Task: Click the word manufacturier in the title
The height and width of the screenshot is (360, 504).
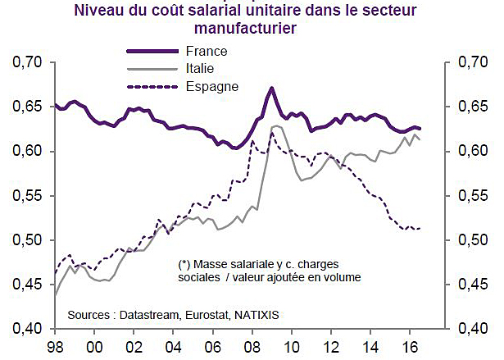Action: pyautogui.click(x=252, y=29)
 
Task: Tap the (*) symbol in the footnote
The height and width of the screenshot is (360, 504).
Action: pyautogui.click(x=184, y=264)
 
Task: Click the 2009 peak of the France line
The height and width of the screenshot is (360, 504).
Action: pyautogui.click(x=272, y=88)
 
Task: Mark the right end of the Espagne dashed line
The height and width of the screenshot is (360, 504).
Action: pyautogui.click(x=420, y=228)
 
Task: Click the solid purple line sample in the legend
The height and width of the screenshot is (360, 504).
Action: pyautogui.click(x=146, y=52)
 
